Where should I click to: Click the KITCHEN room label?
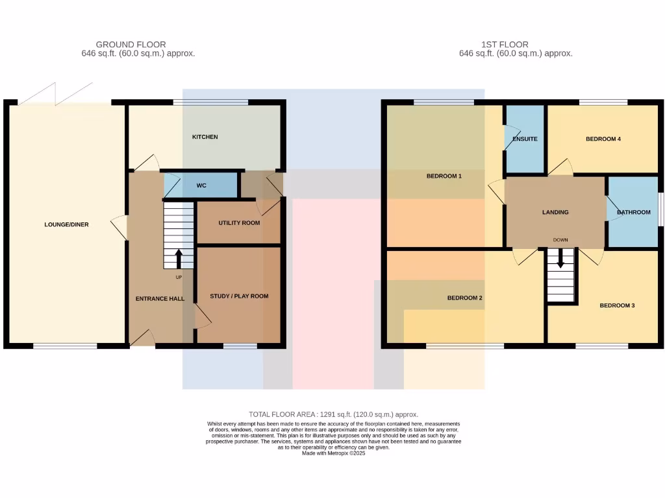click(205, 137)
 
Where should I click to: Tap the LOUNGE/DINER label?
click(66, 224)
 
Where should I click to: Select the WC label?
click(201, 185)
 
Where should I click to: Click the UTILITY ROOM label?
click(239, 222)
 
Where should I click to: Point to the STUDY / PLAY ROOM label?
click(239, 296)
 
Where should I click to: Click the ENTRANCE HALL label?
click(160, 299)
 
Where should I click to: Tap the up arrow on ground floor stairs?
click(179, 259)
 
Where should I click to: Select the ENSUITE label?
click(525, 139)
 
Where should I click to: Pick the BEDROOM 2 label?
click(464, 298)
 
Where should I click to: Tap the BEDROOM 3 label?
click(616, 305)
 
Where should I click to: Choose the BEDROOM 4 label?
click(603, 139)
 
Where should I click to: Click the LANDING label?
click(555, 212)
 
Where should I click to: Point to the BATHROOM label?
click(633, 212)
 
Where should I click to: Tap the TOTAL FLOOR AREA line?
click(333, 414)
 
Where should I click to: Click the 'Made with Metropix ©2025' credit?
click(334, 453)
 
